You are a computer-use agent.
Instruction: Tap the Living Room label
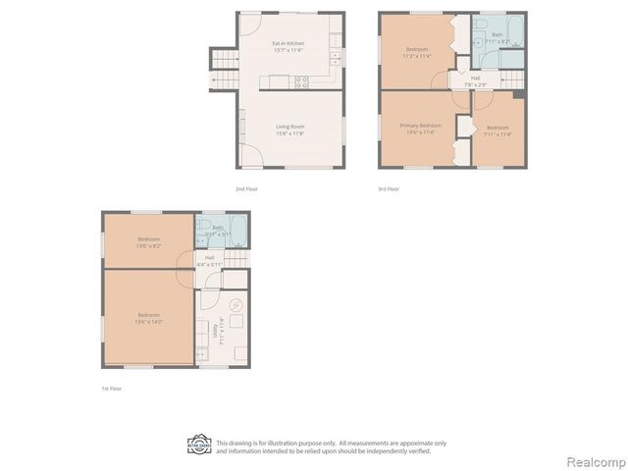click(289, 129)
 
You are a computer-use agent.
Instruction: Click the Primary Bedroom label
click(419, 129)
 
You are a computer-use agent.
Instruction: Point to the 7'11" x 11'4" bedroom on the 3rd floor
click(497, 131)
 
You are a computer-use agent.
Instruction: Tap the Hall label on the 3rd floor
click(475, 80)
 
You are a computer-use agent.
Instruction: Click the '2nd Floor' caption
click(246, 188)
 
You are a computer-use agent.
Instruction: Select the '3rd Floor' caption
click(389, 188)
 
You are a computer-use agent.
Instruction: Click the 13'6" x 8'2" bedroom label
click(149, 244)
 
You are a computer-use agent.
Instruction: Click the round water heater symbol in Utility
click(234, 304)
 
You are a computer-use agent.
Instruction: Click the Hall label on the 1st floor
click(209, 262)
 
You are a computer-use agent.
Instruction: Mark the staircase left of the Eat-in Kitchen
click(224, 71)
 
